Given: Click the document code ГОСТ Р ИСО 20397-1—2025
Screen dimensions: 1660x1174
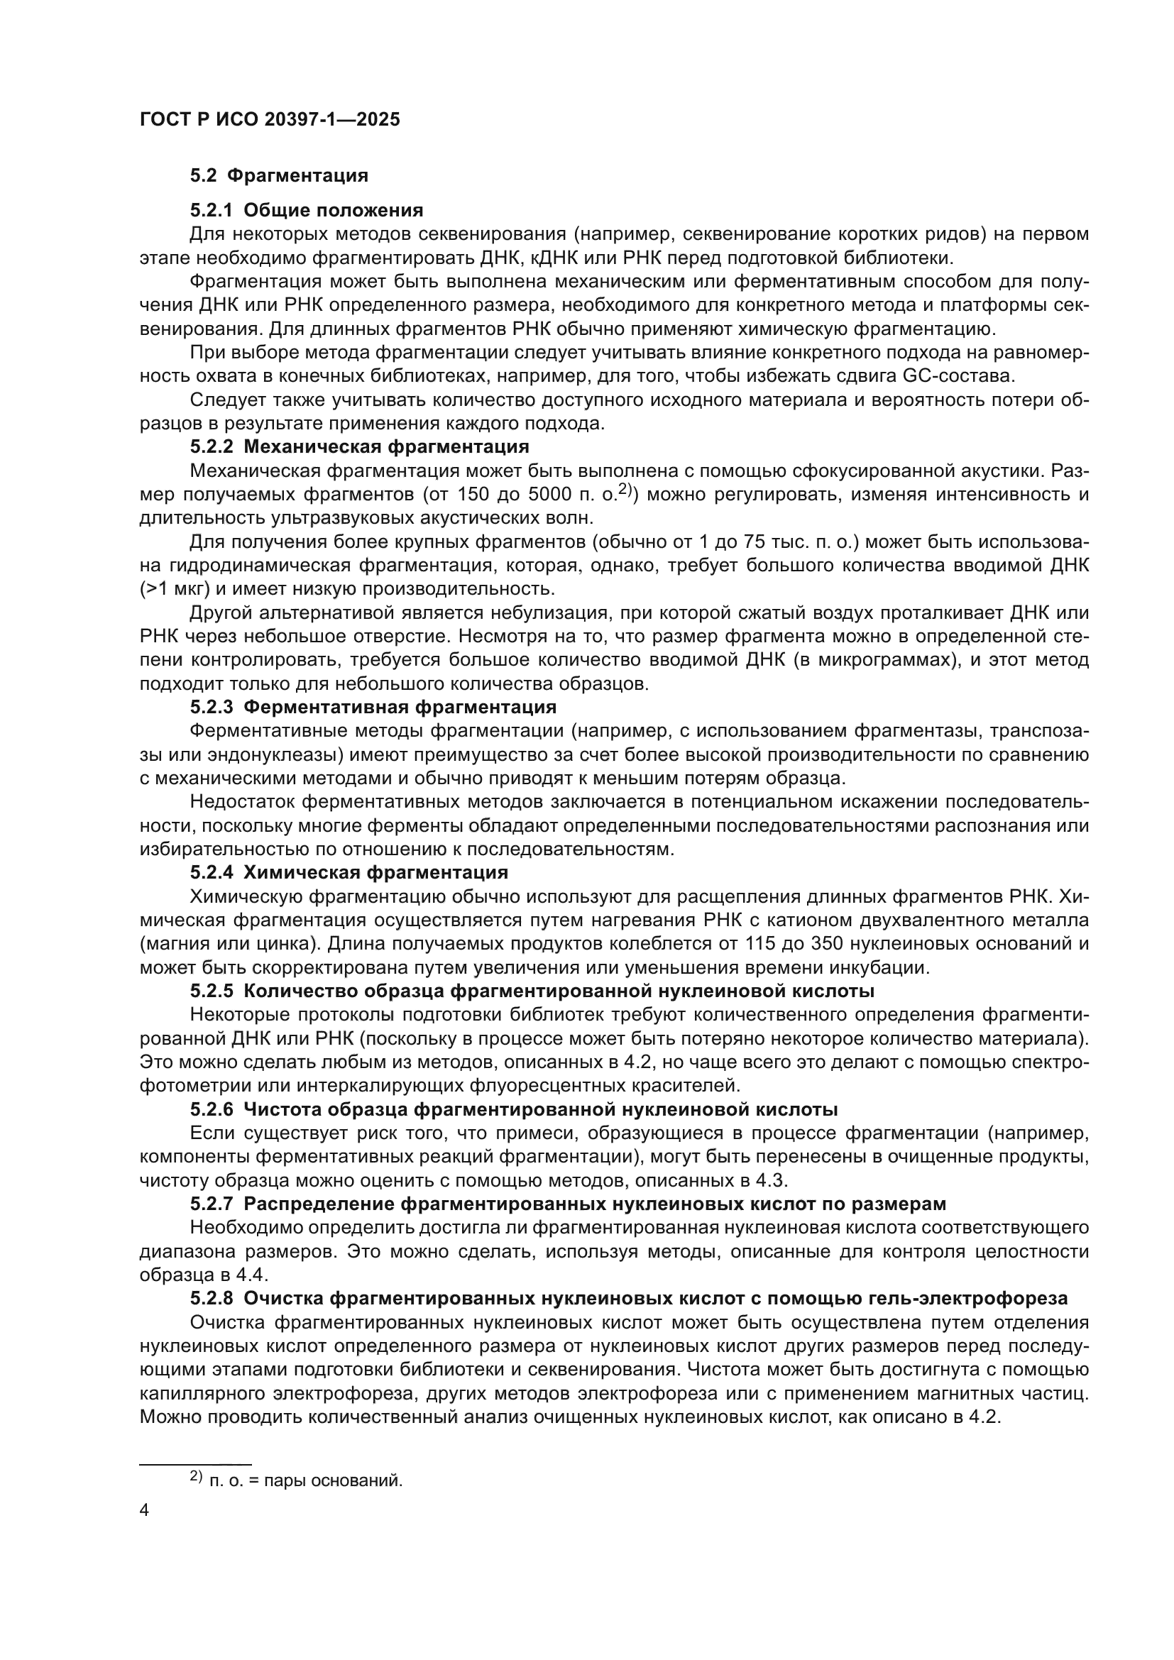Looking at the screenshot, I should click(x=270, y=120).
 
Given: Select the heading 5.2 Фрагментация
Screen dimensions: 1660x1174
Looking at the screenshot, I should click(x=279, y=176).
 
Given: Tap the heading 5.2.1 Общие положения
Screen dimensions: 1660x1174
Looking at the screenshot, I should click(x=307, y=210).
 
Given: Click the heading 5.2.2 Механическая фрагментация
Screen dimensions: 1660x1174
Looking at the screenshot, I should click(x=359, y=447).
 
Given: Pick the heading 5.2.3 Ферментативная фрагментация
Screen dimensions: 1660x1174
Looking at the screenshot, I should click(x=373, y=706).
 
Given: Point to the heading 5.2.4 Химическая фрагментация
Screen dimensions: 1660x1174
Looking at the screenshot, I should click(x=349, y=872).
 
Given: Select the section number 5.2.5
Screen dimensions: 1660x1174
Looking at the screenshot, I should click(x=212, y=991).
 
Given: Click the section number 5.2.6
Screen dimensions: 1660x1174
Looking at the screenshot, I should click(x=212, y=1109).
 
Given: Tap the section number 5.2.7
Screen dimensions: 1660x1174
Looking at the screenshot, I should click(x=212, y=1204).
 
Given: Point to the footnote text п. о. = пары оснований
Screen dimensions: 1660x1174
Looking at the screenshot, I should click(x=305, y=1480).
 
